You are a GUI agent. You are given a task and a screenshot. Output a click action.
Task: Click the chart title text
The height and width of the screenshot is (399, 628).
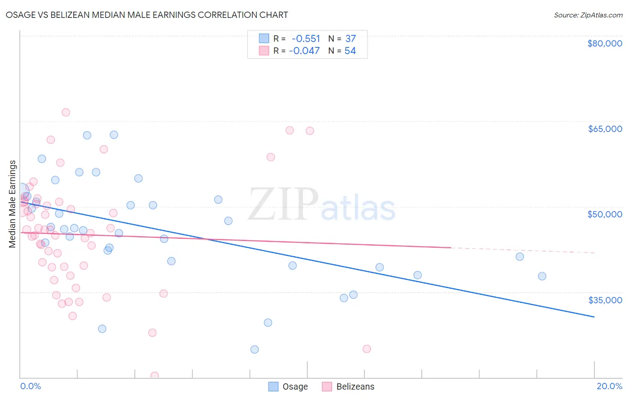coord(147,15)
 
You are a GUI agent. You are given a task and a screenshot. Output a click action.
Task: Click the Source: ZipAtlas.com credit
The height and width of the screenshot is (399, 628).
coord(588,15)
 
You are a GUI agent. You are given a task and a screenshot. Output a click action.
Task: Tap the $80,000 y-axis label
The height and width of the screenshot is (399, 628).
coord(604,43)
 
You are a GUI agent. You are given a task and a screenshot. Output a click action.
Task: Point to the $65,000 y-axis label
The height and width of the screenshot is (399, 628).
coord(604,129)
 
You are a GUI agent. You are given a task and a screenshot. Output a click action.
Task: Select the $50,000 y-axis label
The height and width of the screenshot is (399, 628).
coord(604,214)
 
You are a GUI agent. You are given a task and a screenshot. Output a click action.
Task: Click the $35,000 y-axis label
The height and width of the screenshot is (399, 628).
coord(604,300)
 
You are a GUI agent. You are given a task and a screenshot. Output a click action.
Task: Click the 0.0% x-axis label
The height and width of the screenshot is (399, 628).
coord(30,386)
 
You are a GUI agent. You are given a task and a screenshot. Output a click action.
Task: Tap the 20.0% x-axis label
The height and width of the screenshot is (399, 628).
coord(609,386)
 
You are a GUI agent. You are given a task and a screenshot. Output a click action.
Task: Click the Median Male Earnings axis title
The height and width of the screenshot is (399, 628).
coord(13,204)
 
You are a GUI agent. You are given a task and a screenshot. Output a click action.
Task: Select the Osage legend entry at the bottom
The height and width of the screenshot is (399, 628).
coord(295,386)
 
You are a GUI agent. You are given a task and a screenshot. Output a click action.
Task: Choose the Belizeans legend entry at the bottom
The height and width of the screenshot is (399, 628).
coord(355,386)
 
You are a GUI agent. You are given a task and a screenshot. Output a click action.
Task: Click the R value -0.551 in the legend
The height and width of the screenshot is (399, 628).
coord(306,38)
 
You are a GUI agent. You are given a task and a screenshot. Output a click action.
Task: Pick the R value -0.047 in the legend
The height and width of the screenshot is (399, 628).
coord(304,51)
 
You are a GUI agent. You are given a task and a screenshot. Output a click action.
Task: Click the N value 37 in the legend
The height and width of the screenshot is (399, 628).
coord(350,38)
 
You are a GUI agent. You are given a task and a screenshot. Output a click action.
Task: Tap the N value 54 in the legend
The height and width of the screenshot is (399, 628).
coord(350,51)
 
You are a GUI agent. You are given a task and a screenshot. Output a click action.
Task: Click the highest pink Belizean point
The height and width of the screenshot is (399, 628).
coord(66,112)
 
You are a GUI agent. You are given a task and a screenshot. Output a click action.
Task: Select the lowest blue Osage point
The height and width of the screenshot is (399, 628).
coord(255,349)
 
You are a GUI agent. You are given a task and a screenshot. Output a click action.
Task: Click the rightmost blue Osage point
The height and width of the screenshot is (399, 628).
coord(542,276)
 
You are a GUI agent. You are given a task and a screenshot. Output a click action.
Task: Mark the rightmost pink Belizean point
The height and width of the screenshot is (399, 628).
coord(367,349)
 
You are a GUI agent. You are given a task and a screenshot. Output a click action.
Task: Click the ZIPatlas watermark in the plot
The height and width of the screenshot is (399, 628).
coord(322,205)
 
